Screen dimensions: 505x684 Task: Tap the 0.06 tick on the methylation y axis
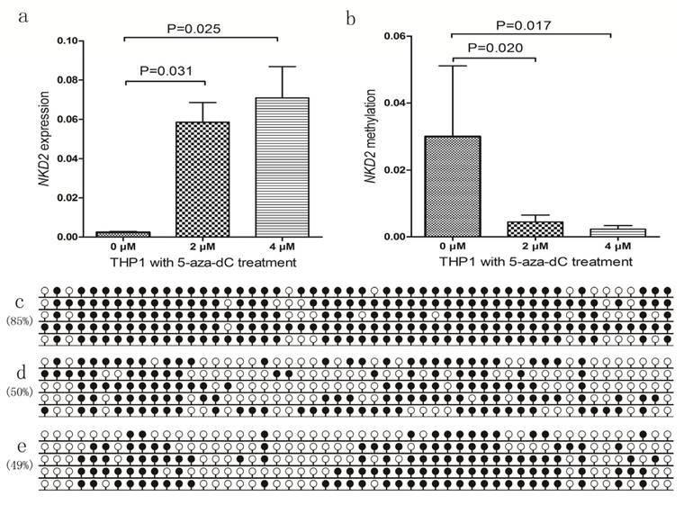tap(405, 36)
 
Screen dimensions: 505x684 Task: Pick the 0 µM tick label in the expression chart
tap(123, 246)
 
